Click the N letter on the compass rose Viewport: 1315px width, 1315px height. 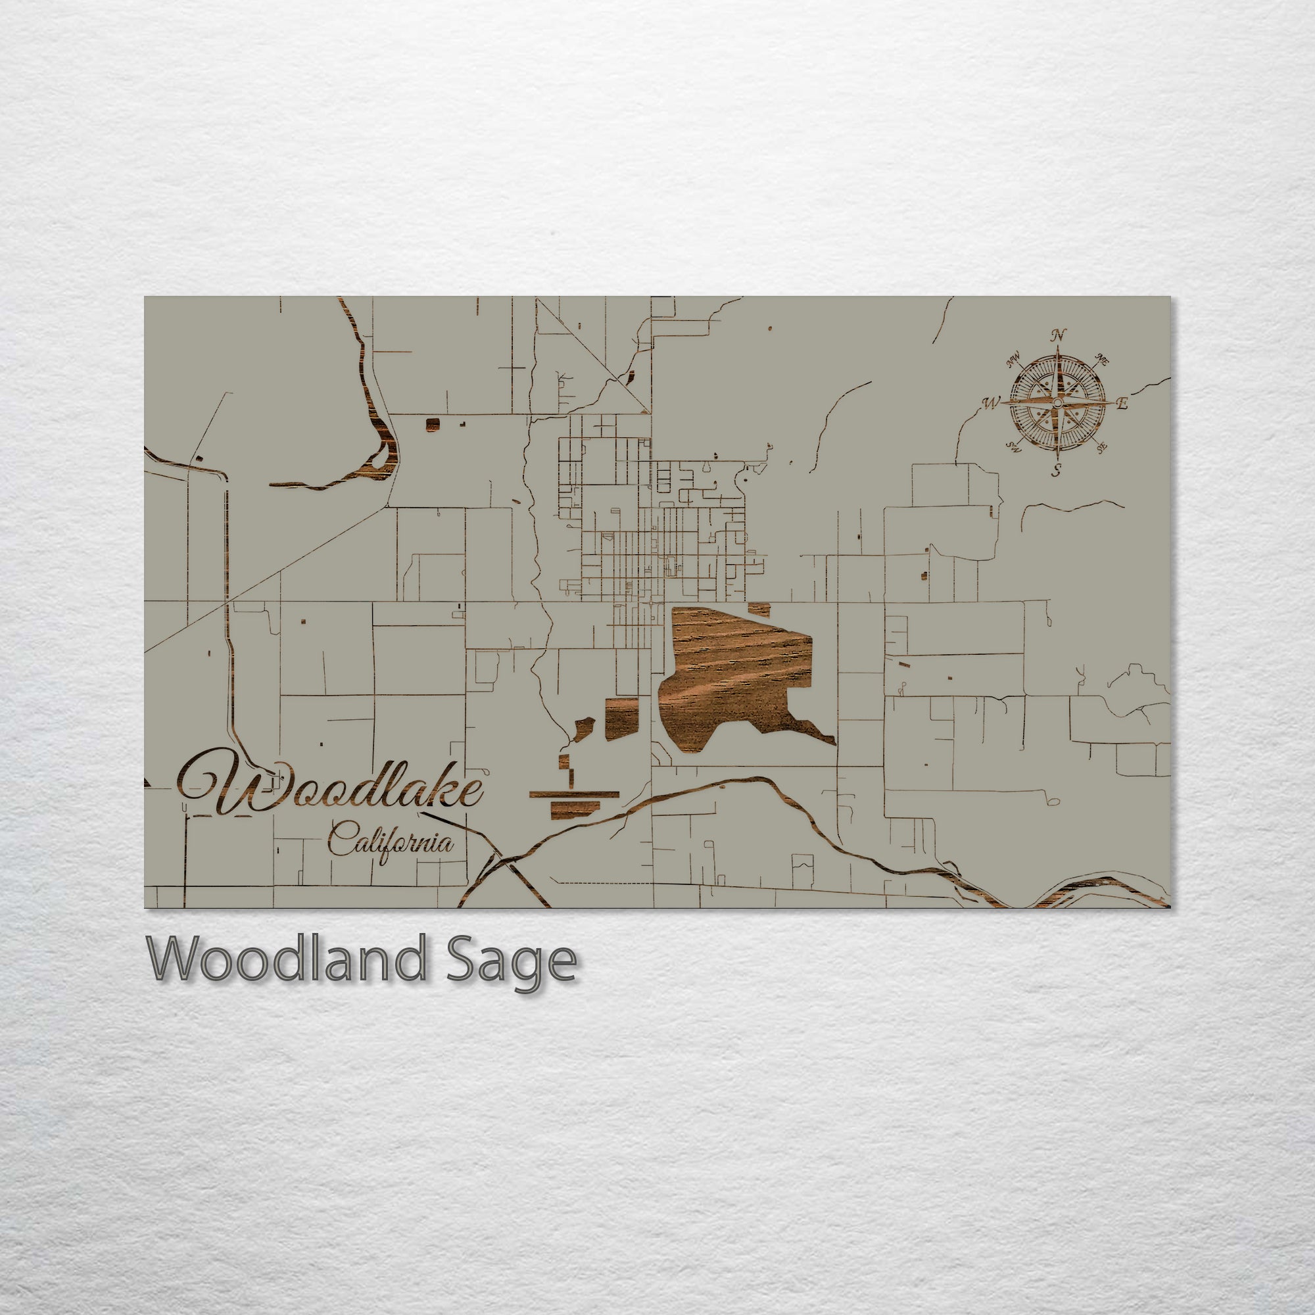pos(1058,335)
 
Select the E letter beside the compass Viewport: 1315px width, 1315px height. pos(1122,404)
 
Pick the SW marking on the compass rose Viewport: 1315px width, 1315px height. pos(1014,448)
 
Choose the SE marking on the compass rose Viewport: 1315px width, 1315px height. pos(1101,447)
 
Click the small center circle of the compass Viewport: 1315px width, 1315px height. pos(1057,404)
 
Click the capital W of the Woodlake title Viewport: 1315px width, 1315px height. pos(225,782)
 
